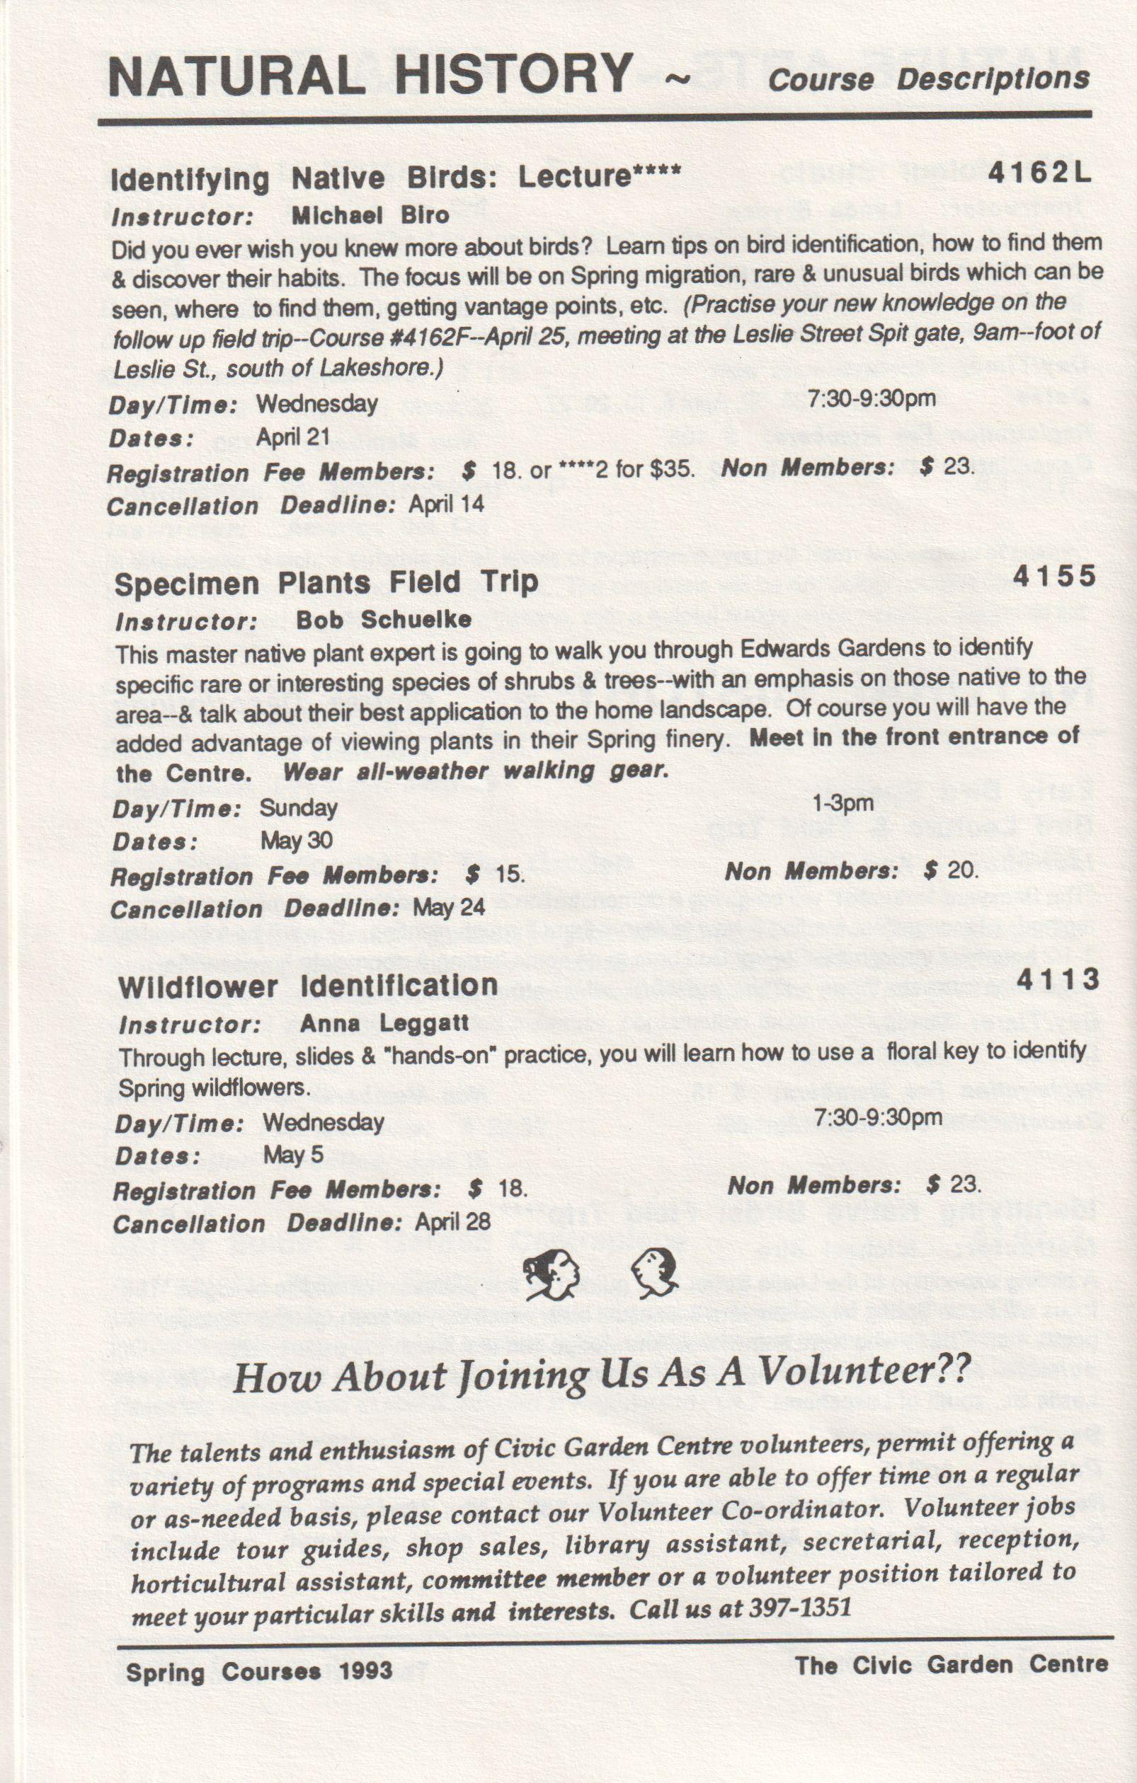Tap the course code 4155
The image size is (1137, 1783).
[1054, 575]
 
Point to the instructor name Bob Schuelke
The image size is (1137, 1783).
[384, 619]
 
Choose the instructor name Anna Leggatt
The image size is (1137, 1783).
[384, 1023]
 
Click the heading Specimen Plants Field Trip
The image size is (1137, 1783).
[326, 583]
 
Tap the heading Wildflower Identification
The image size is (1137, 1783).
[307, 986]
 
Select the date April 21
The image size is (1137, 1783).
[292, 437]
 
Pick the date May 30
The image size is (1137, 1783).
[297, 841]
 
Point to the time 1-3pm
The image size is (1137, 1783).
[843, 802]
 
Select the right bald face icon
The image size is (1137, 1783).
[655, 1271]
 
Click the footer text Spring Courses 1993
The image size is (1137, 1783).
[259, 1671]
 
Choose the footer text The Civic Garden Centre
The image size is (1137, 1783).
[951, 1666]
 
